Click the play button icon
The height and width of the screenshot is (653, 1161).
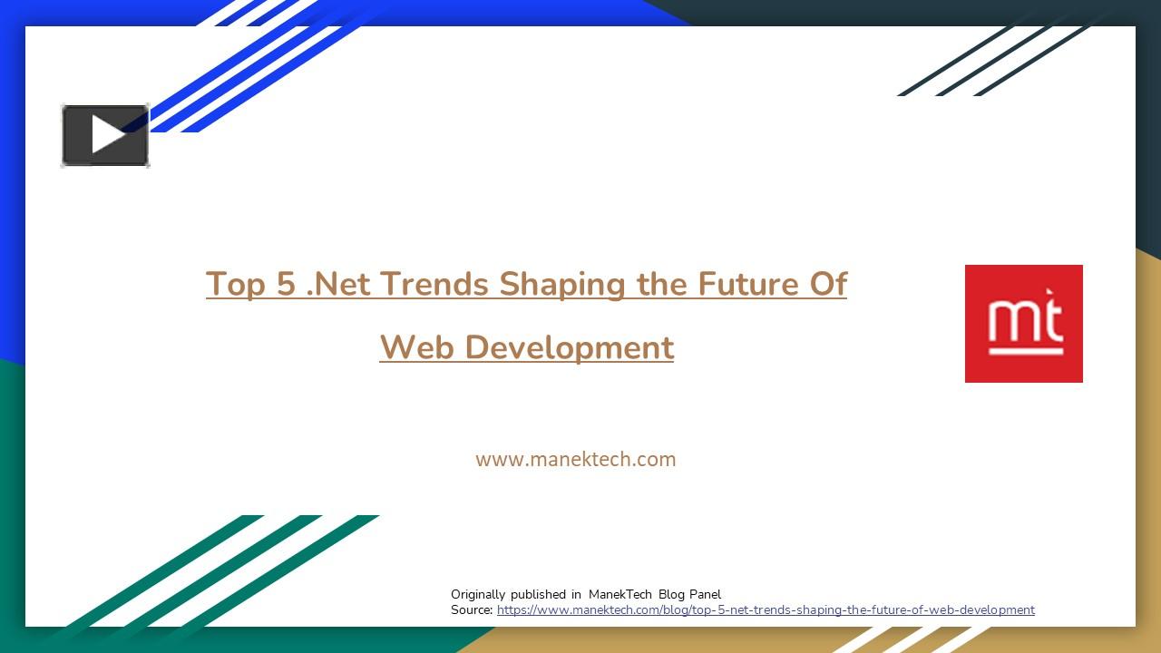coord(105,135)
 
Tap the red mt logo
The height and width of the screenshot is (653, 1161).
coord(1024,324)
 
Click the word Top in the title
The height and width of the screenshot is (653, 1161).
coord(235,285)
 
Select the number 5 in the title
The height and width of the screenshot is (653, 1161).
coord(286,284)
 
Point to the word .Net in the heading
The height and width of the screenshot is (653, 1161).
coord(339,284)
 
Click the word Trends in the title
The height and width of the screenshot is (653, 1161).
coord(434,284)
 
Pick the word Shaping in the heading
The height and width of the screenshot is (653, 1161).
coord(562,285)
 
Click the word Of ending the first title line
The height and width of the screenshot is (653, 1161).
coord(828,284)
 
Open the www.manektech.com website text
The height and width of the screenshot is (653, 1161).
coord(576,459)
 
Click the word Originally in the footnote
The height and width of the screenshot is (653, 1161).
coord(478,594)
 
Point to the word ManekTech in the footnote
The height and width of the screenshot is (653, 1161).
coord(620,594)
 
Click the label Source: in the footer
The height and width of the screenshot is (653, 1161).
coord(472,610)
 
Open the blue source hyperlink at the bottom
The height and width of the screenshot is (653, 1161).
coord(766,610)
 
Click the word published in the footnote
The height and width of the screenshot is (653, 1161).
coord(538,594)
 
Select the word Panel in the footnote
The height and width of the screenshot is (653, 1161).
coord(705,594)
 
